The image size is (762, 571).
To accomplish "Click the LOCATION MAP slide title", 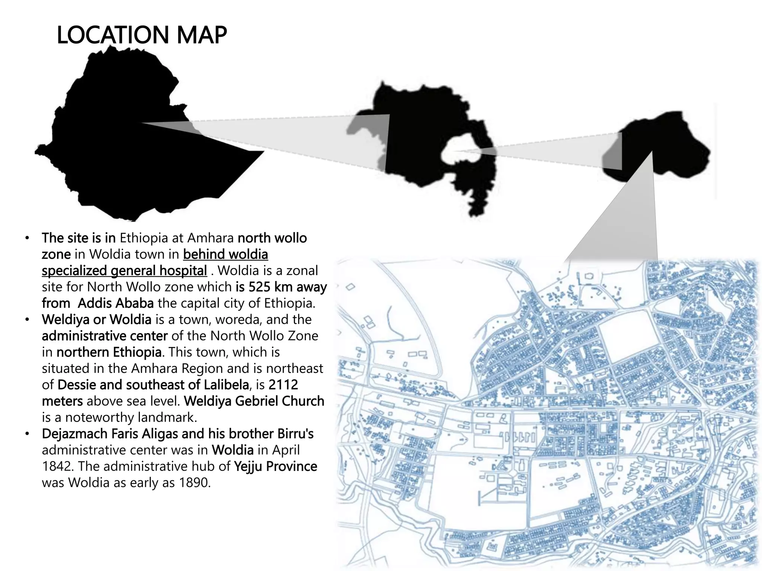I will [x=141, y=35].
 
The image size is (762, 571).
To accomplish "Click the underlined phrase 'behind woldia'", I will [x=225, y=254].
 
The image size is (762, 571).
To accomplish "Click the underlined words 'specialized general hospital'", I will [x=124, y=271].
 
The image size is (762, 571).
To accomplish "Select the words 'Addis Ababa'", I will [x=115, y=303].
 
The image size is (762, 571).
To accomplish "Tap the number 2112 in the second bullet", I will [x=283, y=385].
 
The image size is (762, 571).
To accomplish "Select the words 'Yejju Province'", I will [x=275, y=466].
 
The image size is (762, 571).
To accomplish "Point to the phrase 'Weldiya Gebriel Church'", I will [x=254, y=401].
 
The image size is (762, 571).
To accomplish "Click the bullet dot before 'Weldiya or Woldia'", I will [x=27, y=320].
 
